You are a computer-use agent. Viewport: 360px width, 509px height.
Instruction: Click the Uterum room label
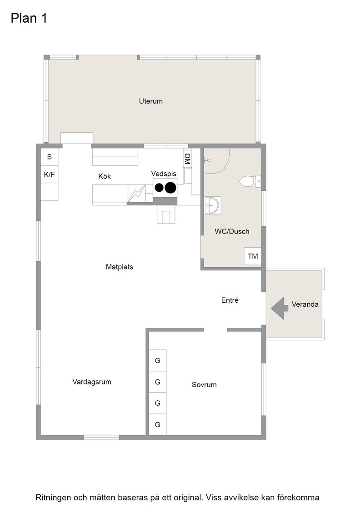coord(150,101)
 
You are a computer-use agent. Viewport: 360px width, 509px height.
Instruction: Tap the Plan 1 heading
coord(29,18)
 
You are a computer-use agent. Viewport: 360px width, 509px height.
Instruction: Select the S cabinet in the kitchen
coord(50,157)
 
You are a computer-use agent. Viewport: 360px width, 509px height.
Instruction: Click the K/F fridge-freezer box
coord(50,175)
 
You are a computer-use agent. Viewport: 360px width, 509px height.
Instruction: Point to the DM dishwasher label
coord(187,159)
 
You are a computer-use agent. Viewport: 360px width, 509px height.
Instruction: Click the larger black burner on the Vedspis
coord(170,188)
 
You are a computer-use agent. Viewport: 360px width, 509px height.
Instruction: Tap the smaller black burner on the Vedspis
coord(159,188)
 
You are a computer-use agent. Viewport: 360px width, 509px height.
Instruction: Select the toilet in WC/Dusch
coord(250,181)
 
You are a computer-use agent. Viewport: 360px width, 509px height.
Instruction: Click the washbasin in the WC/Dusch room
coord(212,205)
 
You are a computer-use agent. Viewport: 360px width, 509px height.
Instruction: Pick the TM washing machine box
coord(253,256)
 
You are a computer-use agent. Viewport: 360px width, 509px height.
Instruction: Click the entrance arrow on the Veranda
coord(280,308)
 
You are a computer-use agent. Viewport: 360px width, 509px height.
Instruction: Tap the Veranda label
coord(305,304)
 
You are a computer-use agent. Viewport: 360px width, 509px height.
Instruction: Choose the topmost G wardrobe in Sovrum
coord(157,360)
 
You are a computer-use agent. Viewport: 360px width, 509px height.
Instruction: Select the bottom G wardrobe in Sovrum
coord(157,424)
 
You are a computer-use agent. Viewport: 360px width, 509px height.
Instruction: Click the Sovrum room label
coord(204,384)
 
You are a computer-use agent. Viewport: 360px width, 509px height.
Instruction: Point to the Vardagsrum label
coord(92,382)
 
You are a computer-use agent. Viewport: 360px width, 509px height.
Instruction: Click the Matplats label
coord(120,267)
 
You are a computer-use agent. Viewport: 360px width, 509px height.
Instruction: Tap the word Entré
coord(230,300)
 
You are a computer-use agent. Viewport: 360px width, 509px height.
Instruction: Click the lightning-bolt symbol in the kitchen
coord(136,194)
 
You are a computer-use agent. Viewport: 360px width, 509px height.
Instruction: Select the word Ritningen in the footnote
coord(53,498)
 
